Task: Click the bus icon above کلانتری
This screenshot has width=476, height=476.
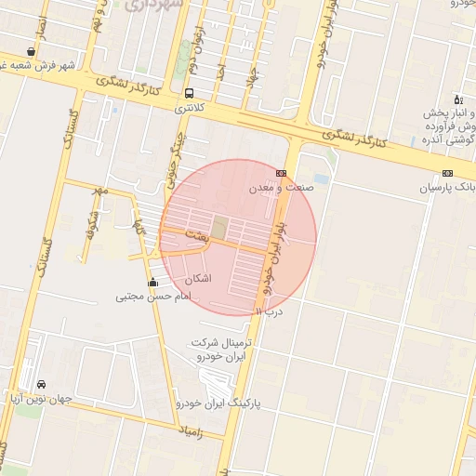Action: [x=190, y=93]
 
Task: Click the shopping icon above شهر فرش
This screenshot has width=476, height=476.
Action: [x=32, y=51]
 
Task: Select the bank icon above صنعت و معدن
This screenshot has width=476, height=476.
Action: [x=281, y=173]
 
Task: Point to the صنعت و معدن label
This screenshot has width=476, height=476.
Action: [x=282, y=187]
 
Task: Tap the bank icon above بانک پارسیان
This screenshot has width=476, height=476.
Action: [x=448, y=173]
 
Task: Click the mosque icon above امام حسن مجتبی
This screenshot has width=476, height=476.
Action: [x=153, y=282]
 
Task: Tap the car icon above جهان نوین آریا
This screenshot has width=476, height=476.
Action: [x=41, y=384]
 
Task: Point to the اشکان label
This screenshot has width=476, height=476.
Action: [x=199, y=278]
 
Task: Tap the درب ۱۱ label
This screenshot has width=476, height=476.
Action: [x=268, y=311]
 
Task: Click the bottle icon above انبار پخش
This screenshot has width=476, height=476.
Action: [x=456, y=99]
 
